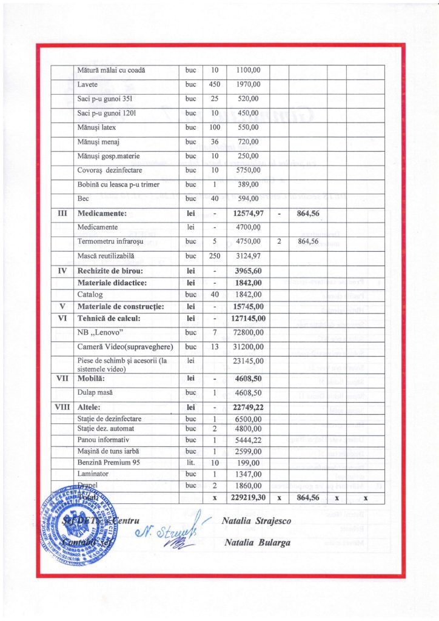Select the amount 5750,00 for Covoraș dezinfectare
point(247,170)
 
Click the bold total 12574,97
point(249,213)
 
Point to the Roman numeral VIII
point(62,407)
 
